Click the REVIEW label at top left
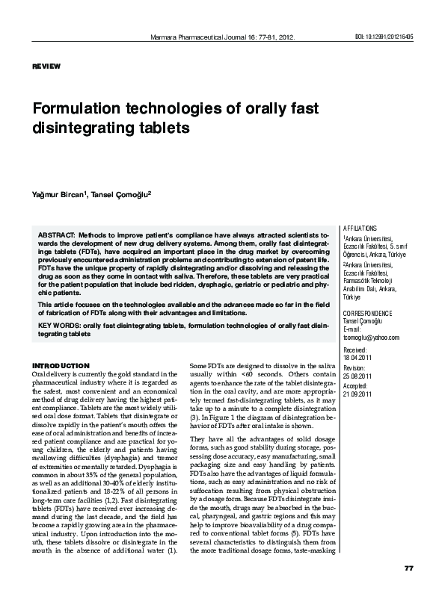tap(46, 67)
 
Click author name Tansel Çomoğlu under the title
tap(123, 194)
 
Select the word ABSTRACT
tap(56, 235)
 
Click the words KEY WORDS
tap(55, 326)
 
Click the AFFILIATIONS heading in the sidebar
tap(360, 228)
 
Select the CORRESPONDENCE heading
tap(366, 312)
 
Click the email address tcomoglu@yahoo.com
tap(370, 337)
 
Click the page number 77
tap(408, 568)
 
